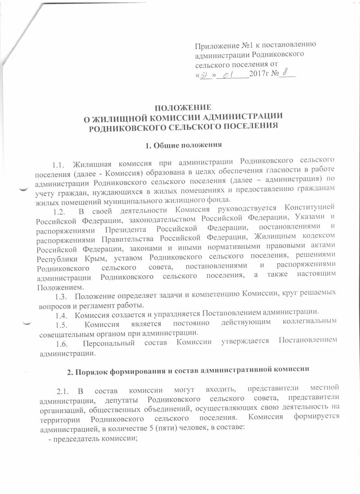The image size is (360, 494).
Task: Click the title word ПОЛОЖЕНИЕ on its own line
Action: (183, 108)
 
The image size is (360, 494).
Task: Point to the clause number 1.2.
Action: (60, 211)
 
